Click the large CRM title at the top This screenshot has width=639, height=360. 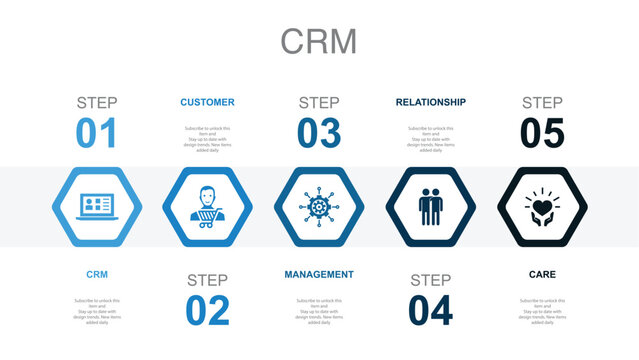point(319,41)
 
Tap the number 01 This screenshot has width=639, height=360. point(96,134)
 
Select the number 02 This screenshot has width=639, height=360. point(208,311)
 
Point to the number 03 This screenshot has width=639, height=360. point(319,134)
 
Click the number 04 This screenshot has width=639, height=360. point(431,311)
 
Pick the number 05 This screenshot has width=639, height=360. point(543,134)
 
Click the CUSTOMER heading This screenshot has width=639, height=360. point(208,102)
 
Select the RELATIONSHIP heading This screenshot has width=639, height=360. point(431,102)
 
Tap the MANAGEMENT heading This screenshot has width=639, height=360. point(319,274)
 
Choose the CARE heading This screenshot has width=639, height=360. point(543,274)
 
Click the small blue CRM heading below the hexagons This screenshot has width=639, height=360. point(96,274)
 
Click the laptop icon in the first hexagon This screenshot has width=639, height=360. point(96,205)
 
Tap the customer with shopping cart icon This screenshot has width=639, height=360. point(208,205)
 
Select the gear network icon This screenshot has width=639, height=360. point(319,205)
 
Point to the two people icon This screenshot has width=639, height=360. point(431,205)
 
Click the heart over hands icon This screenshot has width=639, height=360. point(543,205)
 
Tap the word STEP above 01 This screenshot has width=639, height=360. point(96,102)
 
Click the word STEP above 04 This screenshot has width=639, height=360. point(431,280)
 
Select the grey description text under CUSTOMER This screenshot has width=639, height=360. point(208,139)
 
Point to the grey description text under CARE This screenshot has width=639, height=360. point(543,311)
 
